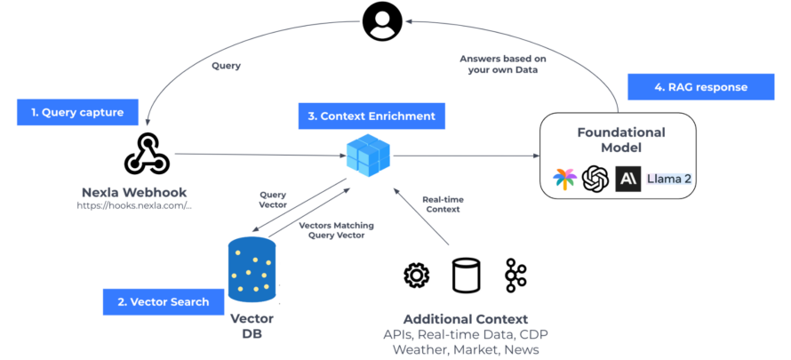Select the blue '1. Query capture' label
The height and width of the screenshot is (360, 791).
[x=77, y=113]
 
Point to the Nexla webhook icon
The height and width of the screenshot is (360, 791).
[x=147, y=154]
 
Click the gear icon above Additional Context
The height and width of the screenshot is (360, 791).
[x=416, y=276]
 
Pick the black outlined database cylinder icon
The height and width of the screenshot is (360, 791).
[x=465, y=276]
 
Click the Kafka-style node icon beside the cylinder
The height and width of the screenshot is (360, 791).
[x=515, y=276]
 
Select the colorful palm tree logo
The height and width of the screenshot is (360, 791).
[x=563, y=179]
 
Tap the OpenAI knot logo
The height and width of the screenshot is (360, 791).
[x=595, y=179]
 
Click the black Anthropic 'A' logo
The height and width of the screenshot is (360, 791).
[x=627, y=179]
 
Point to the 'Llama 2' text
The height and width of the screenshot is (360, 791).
[x=669, y=179]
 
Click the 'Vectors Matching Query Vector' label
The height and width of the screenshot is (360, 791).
[x=331, y=230]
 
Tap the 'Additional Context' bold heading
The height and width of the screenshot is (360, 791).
[x=465, y=318]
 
